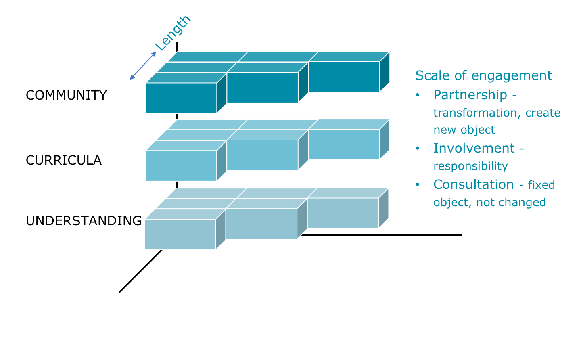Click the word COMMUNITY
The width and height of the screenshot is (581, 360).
click(x=66, y=95)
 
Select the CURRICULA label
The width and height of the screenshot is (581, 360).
click(x=64, y=160)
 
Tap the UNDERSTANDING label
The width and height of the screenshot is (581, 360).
click(x=84, y=221)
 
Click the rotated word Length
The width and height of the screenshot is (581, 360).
click(x=173, y=33)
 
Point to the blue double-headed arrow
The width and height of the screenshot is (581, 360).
click(x=143, y=65)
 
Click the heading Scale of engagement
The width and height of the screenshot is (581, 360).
click(x=483, y=76)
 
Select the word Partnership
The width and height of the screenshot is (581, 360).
click(x=470, y=95)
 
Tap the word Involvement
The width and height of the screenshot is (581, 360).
click(x=474, y=149)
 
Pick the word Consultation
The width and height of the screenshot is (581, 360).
click(x=474, y=185)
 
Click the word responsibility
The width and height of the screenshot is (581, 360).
click(x=470, y=166)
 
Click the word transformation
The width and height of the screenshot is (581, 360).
click(x=477, y=113)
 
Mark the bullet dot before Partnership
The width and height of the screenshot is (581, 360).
click(x=417, y=95)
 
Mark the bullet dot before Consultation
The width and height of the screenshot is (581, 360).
click(x=417, y=185)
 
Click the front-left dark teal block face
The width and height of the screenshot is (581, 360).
click(x=181, y=98)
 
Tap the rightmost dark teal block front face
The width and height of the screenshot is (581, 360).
click(x=344, y=77)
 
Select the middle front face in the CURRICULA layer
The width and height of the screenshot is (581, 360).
click(x=263, y=155)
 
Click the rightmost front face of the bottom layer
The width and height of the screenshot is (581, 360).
click(x=343, y=213)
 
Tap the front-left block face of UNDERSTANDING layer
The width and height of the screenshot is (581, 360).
click(x=180, y=234)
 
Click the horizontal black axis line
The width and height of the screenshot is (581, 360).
click(x=382, y=235)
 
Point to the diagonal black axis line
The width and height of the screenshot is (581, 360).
click(x=140, y=271)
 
